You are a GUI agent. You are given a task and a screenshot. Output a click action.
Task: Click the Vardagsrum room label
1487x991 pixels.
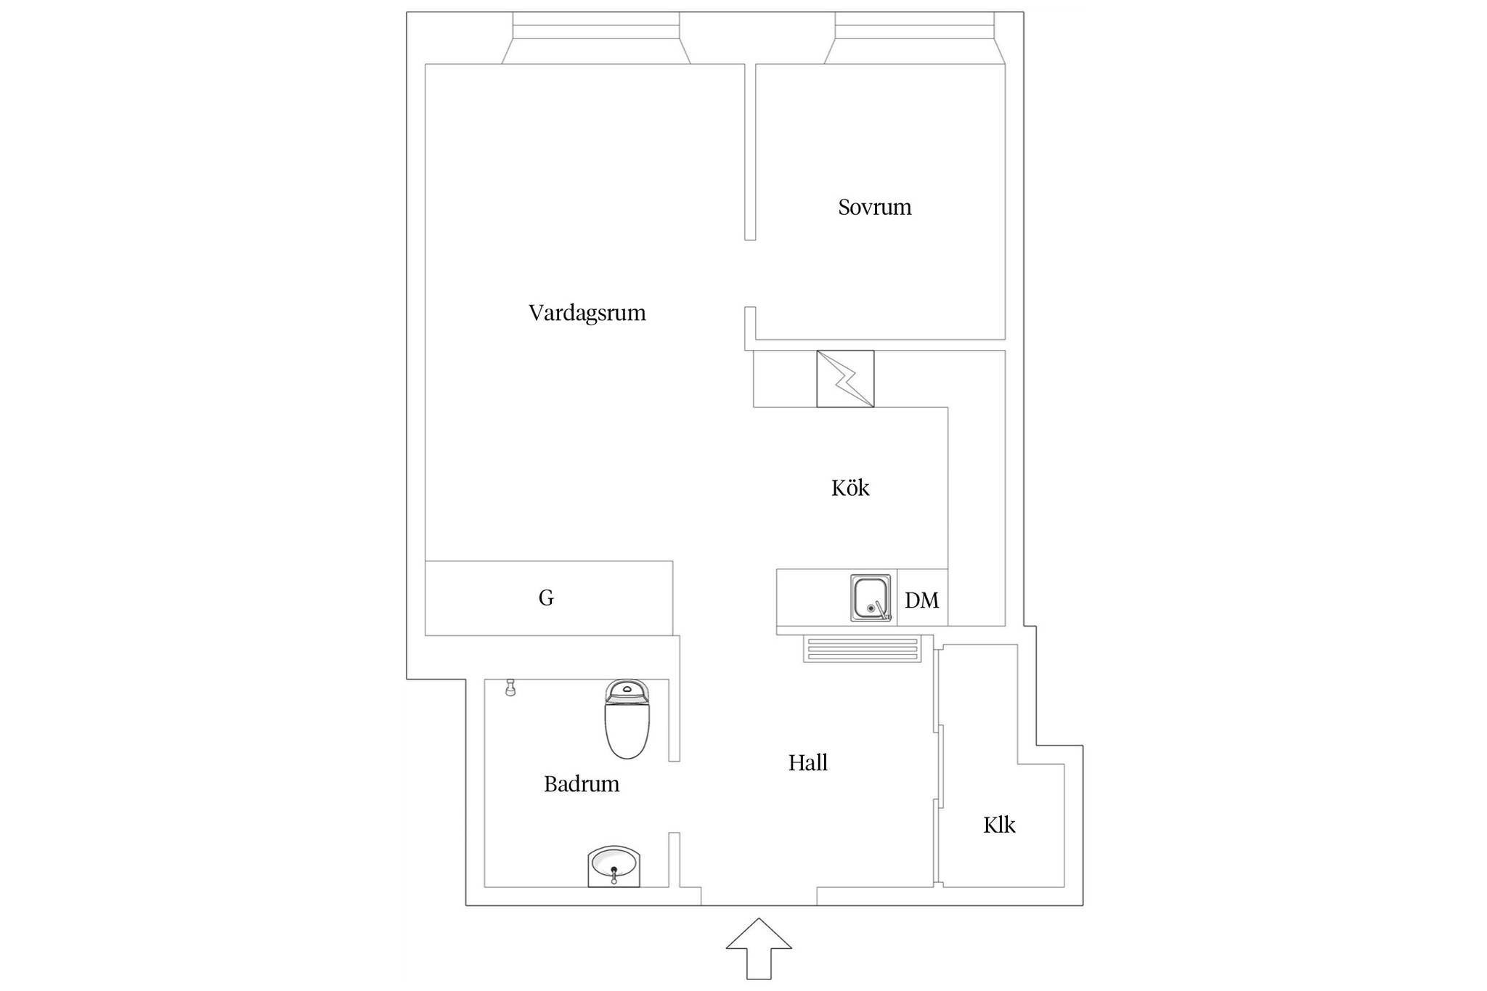coord(587,313)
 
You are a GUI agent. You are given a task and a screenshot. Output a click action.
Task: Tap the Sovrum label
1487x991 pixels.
coord(874,207)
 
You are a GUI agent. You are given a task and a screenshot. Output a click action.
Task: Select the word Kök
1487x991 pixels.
coord(850,487)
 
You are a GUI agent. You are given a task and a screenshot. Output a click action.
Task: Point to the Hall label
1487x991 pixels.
coord(808,762)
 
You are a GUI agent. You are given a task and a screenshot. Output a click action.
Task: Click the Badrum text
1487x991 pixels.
coord(582,783)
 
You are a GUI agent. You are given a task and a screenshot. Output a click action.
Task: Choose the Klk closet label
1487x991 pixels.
coord(999,825)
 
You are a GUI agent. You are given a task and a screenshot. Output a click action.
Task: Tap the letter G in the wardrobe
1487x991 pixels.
coord(546,598)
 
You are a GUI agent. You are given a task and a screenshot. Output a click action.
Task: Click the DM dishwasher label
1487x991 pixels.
coord(922,600)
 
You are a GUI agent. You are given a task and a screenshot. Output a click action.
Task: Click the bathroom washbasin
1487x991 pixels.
coord(614,866)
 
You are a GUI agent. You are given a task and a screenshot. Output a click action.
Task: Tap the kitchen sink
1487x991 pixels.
coord(871,598)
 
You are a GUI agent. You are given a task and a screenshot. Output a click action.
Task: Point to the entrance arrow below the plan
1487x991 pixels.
coord(759,948)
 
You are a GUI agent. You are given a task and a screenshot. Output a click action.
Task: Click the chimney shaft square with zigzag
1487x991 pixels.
coord(845,379)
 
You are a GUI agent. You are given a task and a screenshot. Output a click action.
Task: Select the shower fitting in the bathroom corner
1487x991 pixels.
coord(510,688)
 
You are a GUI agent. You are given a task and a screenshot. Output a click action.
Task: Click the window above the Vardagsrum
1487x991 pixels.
coord(596,38)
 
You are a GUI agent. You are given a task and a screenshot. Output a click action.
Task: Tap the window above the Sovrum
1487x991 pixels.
coord(915,38)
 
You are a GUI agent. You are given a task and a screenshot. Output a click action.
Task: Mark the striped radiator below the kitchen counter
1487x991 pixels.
coord(862,649)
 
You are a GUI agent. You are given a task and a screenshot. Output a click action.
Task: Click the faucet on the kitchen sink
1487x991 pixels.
coord(881,611)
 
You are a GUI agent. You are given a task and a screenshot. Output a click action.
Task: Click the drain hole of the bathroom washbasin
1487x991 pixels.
coord(614,869)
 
